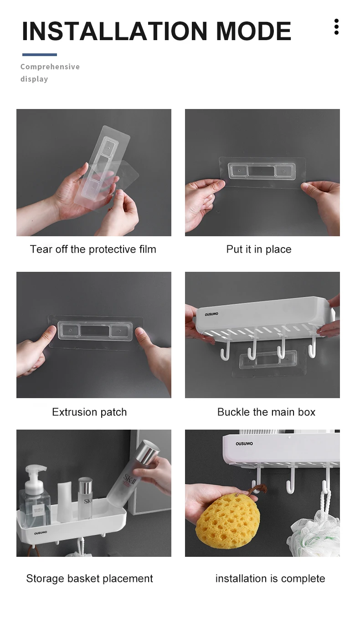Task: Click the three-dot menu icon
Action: [336, 27]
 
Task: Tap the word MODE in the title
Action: [253, 31]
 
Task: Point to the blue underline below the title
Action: [40, 55]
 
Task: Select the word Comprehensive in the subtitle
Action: [50, 67]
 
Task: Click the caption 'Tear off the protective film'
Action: [93, 249]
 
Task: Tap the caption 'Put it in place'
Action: [259, 249]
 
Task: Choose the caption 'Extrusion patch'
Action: [89, 412]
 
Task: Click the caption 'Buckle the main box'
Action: [266, 412]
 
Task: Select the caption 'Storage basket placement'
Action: [89, 578]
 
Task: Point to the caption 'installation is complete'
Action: [270, 578]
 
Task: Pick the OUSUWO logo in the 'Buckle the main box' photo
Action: [211, 314]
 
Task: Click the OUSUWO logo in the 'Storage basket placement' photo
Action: [41, 533]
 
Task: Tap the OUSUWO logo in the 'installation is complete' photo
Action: [244, 444]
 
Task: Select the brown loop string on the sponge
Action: [257, 489]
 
